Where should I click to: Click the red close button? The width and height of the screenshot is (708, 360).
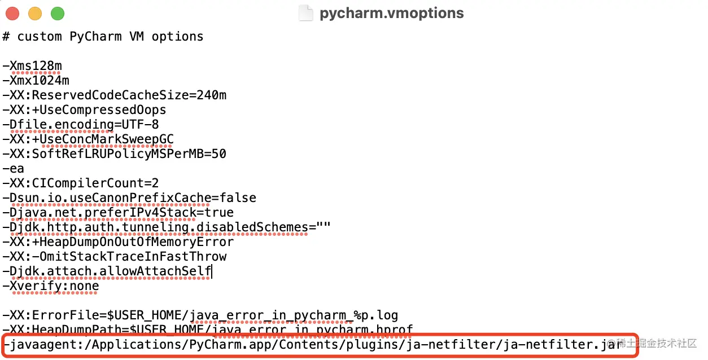click(x=12, y=13)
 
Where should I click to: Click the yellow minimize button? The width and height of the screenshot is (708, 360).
click(x=35, y=13)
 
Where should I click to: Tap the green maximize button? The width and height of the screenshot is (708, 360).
click(x=57, y=13)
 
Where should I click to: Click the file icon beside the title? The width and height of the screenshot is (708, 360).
click(x=305, y=13)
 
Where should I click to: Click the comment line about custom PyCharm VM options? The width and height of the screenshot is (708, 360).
click(x=103, y=37)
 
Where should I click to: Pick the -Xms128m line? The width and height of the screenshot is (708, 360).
click(x=32, y=66)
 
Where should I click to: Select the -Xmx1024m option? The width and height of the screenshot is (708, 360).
click(x=36, y=81)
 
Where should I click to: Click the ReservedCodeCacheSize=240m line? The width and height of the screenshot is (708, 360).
click(x=115, y=95)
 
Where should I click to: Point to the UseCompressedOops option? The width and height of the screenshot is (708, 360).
click(x=85, y=110)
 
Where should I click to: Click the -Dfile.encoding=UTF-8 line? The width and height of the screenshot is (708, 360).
click(x=81, y=125)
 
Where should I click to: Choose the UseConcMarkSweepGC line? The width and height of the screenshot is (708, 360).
click(x=88, y=139)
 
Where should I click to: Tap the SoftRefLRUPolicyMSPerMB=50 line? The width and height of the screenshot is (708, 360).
click(x=115, y=154)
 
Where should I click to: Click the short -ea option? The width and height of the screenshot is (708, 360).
click(x=14, y=169)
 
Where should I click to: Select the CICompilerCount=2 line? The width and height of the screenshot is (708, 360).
click(x=81, y=183)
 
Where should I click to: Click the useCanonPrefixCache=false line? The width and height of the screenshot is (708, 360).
click(x=129, y=198)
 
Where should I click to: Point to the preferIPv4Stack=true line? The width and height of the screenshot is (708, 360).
click(x=118, y=213)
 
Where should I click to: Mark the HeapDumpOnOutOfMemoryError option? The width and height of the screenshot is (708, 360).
click(x=118, y=242)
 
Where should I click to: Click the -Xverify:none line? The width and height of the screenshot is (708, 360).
click(x=51, y=286)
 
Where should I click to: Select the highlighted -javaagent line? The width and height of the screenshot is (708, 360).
click(x=316, y=344)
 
